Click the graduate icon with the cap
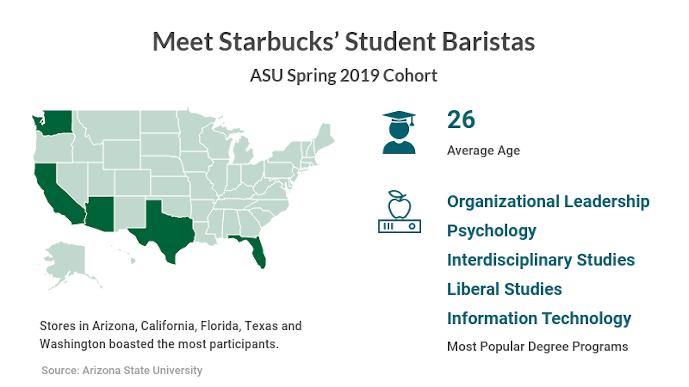pyautogui.click(x=399, y=132)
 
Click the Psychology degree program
pyautogui.click(x=492, y=231)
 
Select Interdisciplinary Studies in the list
pyautogui.click(x=541, y=260)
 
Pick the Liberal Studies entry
pyautogui.click(x=504, y=289)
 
